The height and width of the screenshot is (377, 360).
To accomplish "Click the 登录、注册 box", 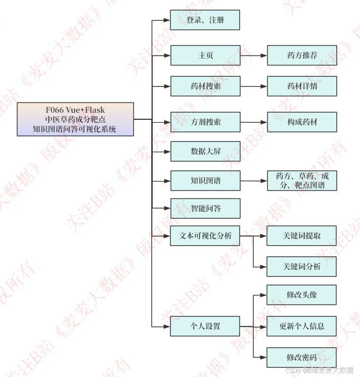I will pos(205,20).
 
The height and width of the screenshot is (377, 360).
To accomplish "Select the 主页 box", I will pos(205,55).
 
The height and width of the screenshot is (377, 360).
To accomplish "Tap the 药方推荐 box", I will pos(301,55).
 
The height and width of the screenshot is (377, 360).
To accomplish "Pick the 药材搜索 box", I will pos(205,86).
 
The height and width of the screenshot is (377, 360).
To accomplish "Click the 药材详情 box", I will pos(301,86).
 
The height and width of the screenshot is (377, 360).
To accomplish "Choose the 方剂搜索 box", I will pos(205,122).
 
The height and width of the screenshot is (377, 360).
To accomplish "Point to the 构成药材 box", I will pos(301,122).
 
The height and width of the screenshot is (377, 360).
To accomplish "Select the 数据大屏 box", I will pos(205,151).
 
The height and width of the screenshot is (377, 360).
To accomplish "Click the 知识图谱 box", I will pos(205,180).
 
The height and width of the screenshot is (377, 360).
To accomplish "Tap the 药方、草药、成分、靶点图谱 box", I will pos(301,180).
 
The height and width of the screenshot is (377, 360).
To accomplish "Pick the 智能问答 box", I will pos(205,208).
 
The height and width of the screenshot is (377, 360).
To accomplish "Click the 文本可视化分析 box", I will pos(205,235).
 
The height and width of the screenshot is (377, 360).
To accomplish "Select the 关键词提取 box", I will pos(301,235).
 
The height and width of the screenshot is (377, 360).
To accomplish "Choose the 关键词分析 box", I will pos(301,266).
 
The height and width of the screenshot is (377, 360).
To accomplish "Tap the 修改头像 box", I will pos(301,295).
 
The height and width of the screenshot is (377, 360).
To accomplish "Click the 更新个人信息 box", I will pos(301,326).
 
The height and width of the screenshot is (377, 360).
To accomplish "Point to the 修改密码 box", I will pos(301,357).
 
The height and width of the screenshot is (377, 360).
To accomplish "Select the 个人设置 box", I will pos(205,326).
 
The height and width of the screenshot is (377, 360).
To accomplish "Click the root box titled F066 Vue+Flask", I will pos(75,119).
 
